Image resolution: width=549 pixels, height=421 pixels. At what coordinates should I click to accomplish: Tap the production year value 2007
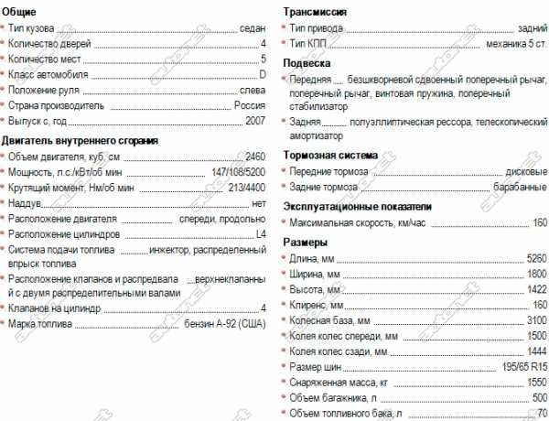255,121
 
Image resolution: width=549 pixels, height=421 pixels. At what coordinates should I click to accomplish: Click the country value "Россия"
250,105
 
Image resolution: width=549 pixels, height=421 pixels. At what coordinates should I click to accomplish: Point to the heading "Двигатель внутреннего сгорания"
81,141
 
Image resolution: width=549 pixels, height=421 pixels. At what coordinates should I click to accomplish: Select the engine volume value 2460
254,157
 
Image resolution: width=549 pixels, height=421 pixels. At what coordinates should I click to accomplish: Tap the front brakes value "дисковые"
526,172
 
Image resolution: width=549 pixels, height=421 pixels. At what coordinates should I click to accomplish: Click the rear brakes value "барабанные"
520,188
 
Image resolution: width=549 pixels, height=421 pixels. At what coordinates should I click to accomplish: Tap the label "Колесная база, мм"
329,320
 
